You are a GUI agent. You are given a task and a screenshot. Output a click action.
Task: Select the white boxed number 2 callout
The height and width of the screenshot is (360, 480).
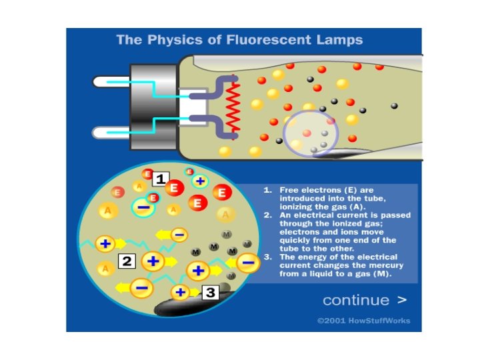coord(126,261)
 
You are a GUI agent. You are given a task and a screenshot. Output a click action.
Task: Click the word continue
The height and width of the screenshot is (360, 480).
coord(355,300)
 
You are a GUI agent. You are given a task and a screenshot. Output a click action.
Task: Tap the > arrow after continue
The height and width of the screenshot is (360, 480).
coord(401,300)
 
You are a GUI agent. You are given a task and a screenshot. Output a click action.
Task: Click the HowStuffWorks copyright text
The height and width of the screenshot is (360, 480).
coord(363,321)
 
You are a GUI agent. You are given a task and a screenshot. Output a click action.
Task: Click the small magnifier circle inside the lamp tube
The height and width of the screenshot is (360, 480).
coord(311,133)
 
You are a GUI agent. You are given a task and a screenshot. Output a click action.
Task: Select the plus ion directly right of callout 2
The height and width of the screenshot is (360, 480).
coord(153,261)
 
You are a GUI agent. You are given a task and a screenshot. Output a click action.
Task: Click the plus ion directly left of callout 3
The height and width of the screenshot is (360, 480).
coord(181,291)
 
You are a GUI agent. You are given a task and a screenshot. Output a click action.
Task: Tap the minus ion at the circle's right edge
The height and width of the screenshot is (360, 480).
coord(248,263)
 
